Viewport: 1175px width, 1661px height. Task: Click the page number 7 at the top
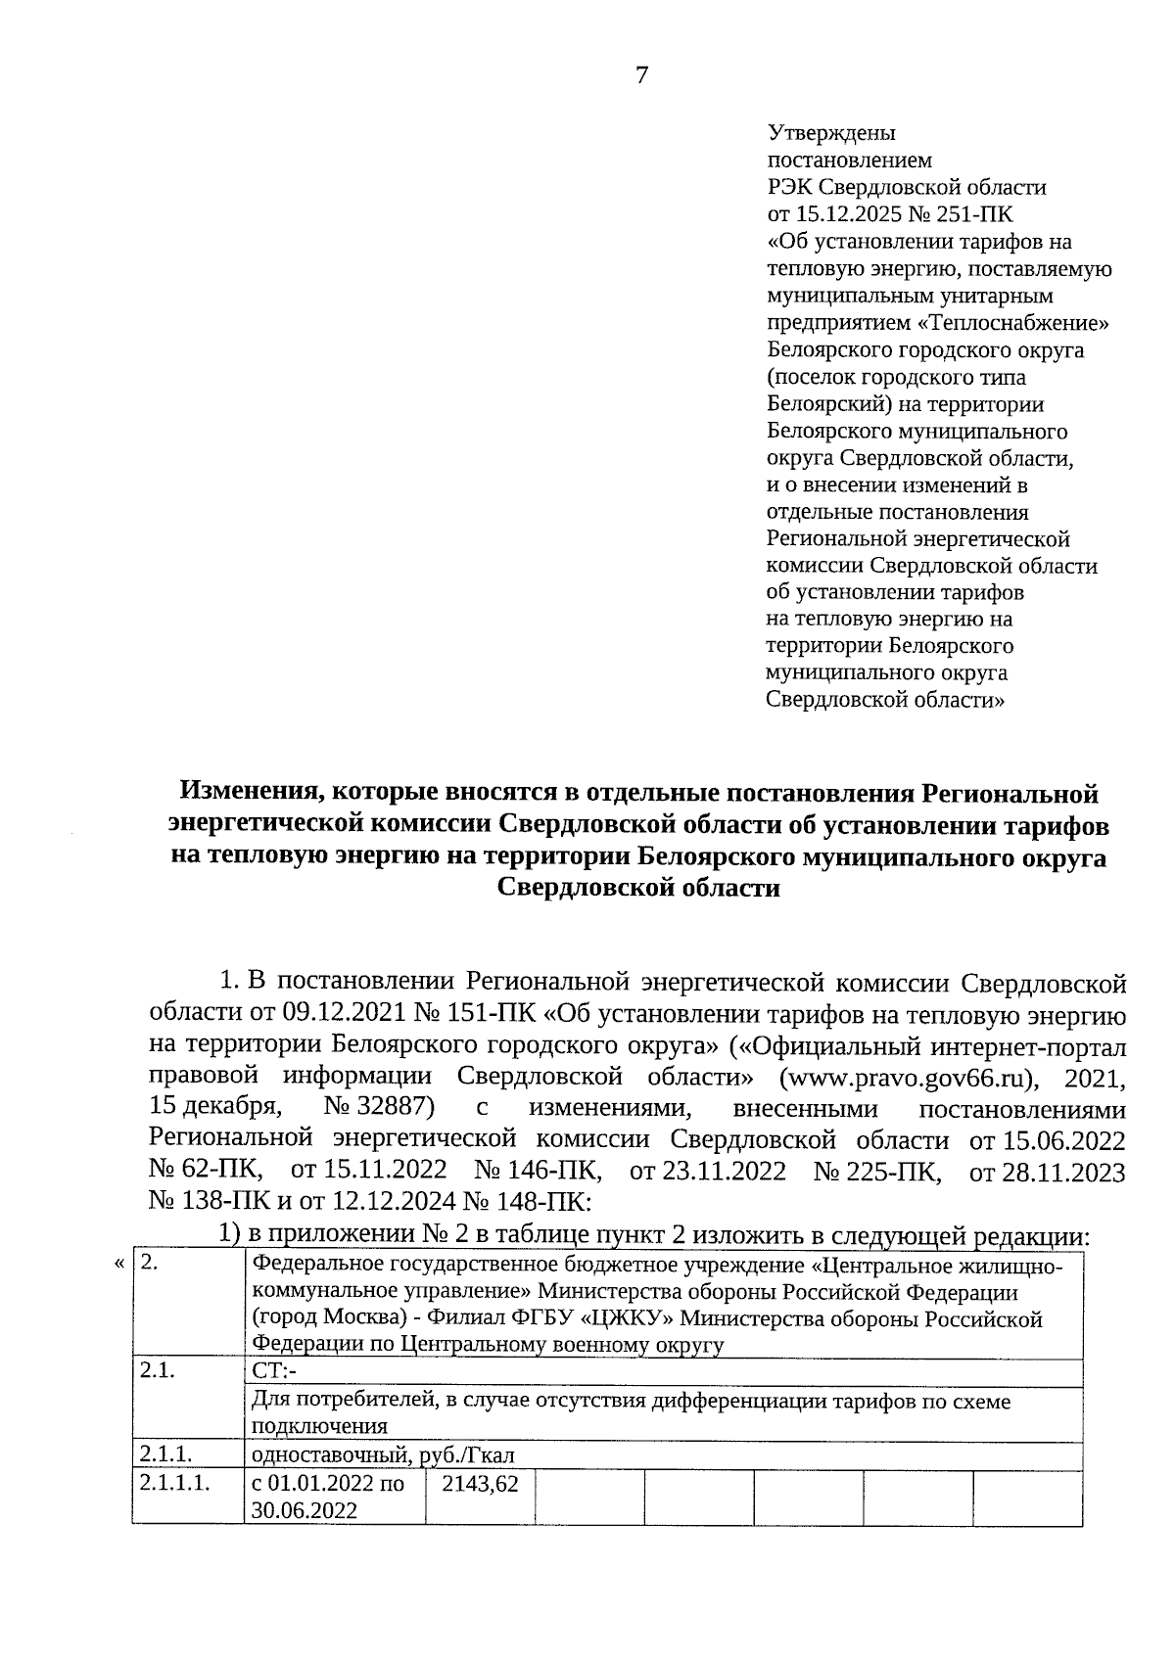tap(641, 76)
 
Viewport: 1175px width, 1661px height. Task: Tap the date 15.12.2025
tap(847, 213)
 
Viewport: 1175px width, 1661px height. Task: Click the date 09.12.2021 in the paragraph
tap(340, 1014)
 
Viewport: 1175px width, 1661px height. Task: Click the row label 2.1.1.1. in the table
tap(175, 1484)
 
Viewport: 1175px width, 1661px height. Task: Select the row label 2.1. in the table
tap(158, 1371)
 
